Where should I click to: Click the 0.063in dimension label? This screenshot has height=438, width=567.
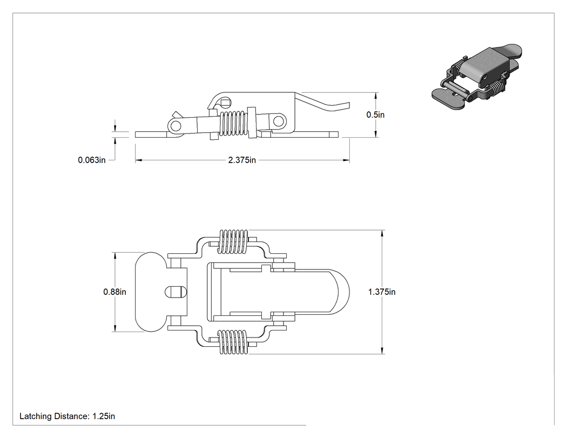click(92, 160)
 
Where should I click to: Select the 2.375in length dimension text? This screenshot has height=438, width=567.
click(242, 160)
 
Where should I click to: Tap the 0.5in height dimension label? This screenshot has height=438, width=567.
click(375, 114)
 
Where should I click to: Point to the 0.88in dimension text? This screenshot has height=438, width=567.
click(114, 292)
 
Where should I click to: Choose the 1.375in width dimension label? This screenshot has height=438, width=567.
click(382, 292)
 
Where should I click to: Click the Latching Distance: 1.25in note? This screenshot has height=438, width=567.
click(67, 416)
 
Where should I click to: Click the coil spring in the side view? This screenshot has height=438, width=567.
click(234, 123)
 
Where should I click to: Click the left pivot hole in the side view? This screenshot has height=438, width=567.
click(175, 126)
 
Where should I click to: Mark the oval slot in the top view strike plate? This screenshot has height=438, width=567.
click(175, 292)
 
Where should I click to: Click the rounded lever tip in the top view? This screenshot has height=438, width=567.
click(340, 292)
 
